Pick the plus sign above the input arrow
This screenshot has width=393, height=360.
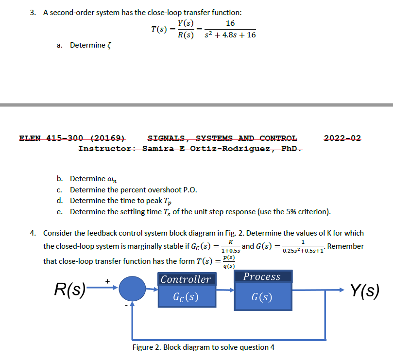(x=108, y=280)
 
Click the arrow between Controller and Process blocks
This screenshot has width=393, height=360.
(x=224, y=291)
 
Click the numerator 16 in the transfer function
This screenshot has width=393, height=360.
(x=231, y=23)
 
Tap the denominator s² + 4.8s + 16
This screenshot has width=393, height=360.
(x=231, y=35)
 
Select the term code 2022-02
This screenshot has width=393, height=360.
(x=342, y=138)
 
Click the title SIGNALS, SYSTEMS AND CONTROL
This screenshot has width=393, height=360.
(x=222, y=138)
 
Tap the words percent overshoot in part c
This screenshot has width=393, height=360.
(x=143, y=189)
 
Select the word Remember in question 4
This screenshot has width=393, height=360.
(x=345, y=246)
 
